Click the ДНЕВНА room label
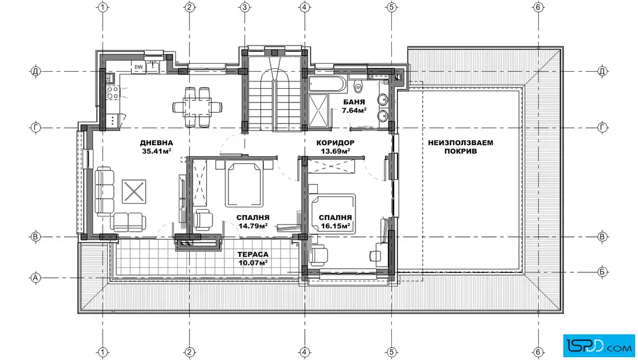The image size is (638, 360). (x=156, y=143)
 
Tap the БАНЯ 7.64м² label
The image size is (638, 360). (x=354, y=106)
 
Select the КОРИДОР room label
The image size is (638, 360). (x=336, y=143)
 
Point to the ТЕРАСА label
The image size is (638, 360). (x=253, y=255)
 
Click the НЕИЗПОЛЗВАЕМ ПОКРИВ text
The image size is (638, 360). (x=461, y=147)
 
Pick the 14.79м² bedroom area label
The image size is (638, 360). (x=253, y=226)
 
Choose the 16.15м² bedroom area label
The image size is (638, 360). (x=336, y=226)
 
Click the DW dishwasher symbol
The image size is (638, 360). (x=139, y=67)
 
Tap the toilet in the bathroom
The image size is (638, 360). (x=358, y=85)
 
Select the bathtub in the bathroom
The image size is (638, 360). (x=327, y=85)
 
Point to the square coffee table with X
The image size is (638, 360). (x=134, y=191)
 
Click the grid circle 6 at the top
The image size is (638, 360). (x=538, y=7)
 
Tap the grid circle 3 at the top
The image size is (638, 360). (x=244, y=7)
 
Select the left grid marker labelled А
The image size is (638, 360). (x=36, y=278)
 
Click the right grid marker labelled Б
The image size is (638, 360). (x=603, y=272)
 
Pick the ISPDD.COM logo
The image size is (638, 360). (x=599, y=346)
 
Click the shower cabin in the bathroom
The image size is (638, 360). (x=318, y=111)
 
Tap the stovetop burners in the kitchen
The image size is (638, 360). (x=113, y=93)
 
